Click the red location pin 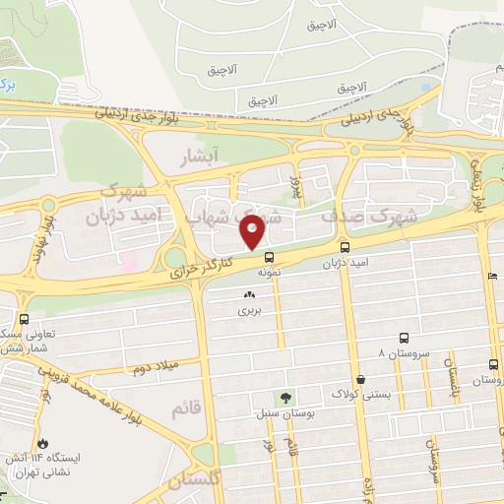click(253, 230)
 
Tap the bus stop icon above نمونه click(270, 257)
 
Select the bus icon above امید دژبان click(345, 247)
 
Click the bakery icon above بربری click(248, 294)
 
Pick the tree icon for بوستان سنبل click(286, 398)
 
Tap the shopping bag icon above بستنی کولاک click(361, 378)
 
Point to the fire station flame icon click(42, 442)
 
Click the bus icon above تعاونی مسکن click(24, 319)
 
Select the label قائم click(186, 409)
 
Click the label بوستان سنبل click(285, 413)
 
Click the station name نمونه click(271, 271)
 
